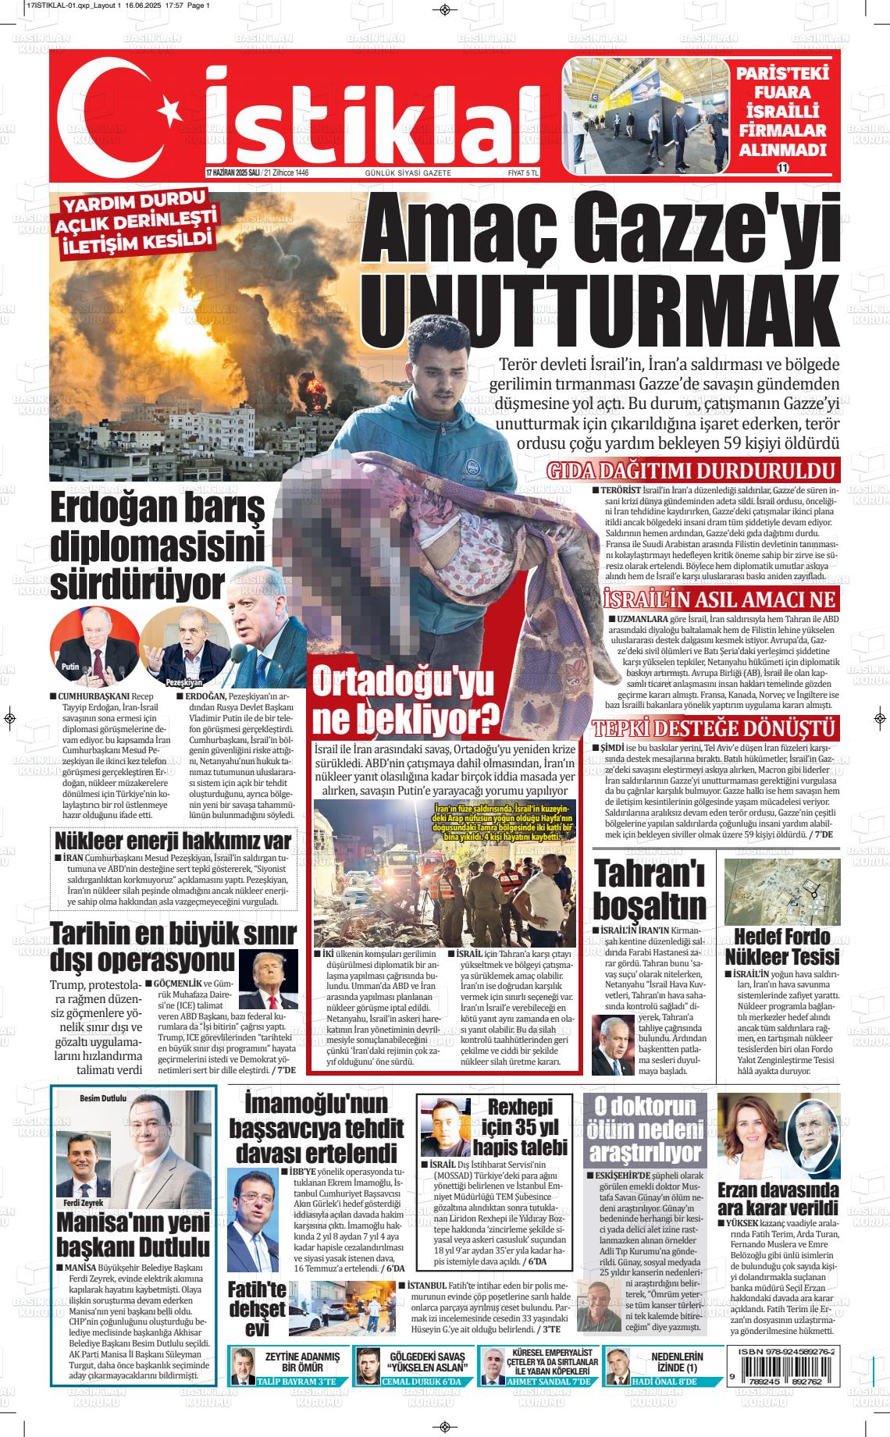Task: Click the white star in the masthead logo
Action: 166,103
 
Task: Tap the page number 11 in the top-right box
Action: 782,167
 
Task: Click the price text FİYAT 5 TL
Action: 522,173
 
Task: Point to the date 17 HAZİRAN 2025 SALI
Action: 232,173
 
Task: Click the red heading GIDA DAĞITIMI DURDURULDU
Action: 691,471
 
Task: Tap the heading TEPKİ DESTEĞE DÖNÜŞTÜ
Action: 715,729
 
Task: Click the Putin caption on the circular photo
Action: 70,668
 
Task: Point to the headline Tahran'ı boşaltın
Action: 650,889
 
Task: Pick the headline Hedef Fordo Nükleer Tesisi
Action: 781,946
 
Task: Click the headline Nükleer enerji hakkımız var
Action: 173,840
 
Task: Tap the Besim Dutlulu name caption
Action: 103,1098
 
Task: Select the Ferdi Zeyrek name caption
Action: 84,1202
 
